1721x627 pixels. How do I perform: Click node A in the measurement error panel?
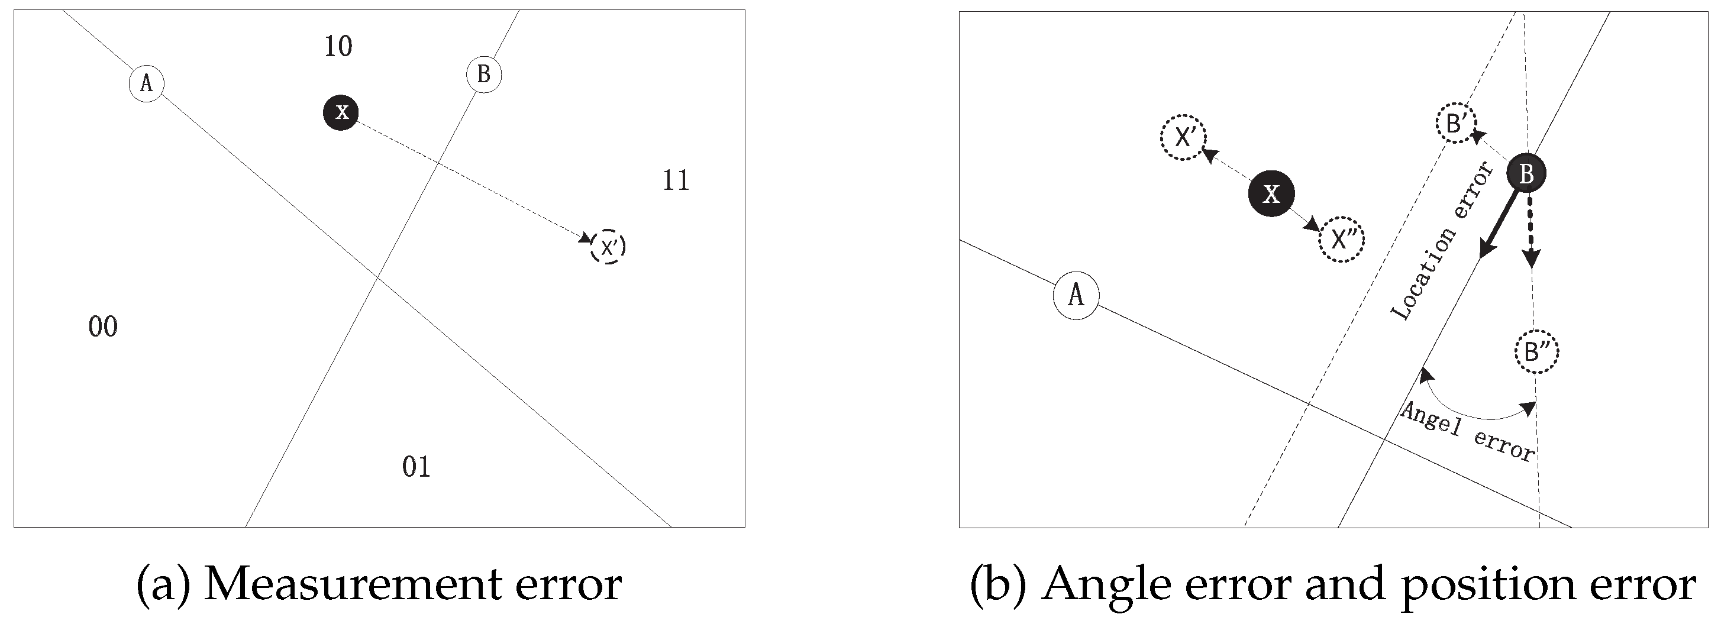point(146,83)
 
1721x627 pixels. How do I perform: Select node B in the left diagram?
point(484,75)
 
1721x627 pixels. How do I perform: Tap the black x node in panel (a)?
point(341,112)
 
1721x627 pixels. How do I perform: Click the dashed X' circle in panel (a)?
point(608,248)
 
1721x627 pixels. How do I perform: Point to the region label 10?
point(338,47)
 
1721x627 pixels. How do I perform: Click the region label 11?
point(676,180)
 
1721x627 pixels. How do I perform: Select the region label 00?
point(103,327)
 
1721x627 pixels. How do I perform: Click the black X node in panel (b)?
point(1271,193)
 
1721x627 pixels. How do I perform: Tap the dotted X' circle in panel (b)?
point(1184,138)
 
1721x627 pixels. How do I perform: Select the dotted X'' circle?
point(1341,240)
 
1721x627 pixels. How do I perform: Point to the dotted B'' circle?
point(1536,351)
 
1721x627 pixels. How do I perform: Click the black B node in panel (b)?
point(1526,174)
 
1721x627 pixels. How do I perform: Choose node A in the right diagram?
point(1076,295)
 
